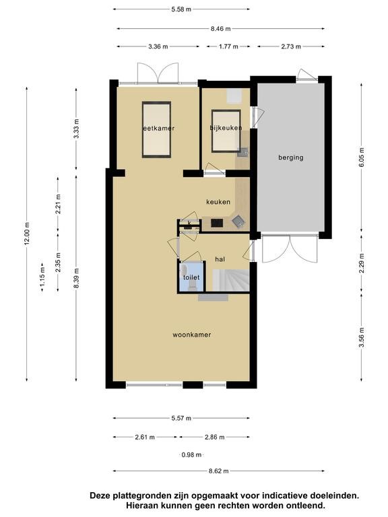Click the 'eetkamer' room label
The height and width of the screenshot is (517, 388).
pyautogui.click(x=158, y=129)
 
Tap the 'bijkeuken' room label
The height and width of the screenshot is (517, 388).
pyautogui.click(x=226, y=128)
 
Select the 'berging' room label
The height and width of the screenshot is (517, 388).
pyautogui.click(x=291, y=158)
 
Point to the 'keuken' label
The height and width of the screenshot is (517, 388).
pyautogui.click(x=218, y=202)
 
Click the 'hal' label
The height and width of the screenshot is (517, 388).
pyautogui.click(x=220, y=259)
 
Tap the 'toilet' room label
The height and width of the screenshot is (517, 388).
pyautogui.click(x=191, y=277)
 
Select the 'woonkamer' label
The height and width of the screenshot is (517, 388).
pyautogui.click(x=192, y=335)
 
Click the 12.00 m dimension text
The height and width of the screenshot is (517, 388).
pyautogui.click(x=27, y=233)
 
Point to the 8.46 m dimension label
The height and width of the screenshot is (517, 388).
pyautogui.click(x=221, y=29)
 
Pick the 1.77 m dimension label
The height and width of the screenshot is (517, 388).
pyautogui.click(x=228, y=46)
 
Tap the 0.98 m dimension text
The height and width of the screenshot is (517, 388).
pyautogui.click(x=191, y=455)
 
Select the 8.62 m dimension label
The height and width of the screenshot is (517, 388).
pyautogui.click(x=218, y=471)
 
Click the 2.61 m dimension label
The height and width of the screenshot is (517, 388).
pyautogui.click(x=145, y=437)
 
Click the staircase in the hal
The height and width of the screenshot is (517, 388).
pyautogui.click(x=230, y=280)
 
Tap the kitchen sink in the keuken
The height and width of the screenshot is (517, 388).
pyautogui.click(x=238, y=221)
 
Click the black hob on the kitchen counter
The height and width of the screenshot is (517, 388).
pyautogui.click(x=217, y=223)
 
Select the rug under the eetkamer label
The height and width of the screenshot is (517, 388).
pyautogui.click(x=156, y=129)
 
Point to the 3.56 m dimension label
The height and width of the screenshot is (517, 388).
pyautogui.click(x=362, y=338)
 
